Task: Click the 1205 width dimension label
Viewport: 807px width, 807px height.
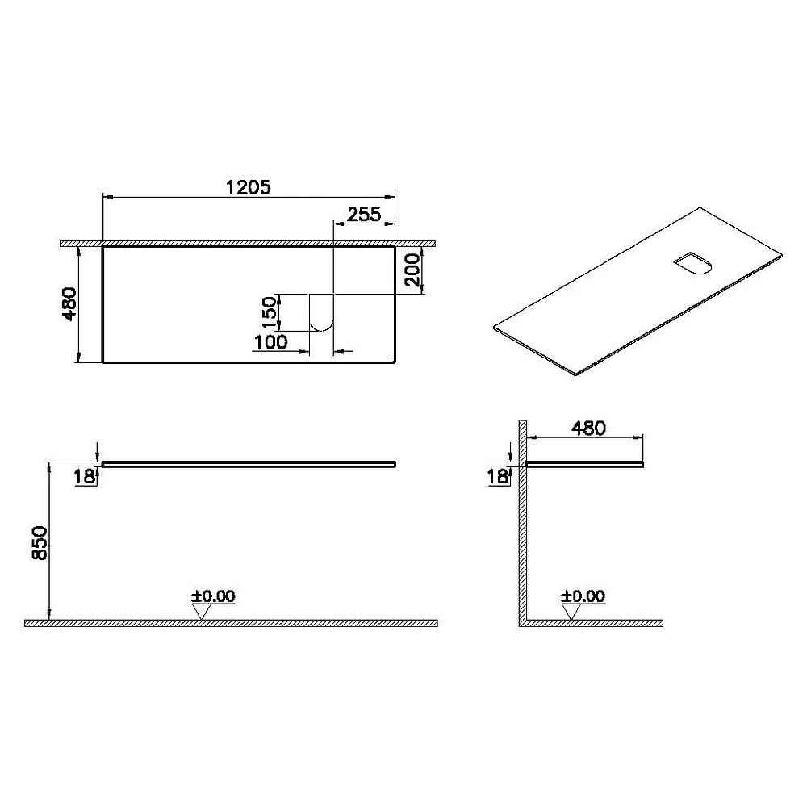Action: pos(248,187)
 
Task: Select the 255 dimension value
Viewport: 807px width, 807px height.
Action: pos(364,214)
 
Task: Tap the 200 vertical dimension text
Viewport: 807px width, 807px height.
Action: pos(412,270)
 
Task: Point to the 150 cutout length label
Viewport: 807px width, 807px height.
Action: pos(270,312)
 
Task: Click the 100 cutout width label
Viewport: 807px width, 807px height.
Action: pos(270,341)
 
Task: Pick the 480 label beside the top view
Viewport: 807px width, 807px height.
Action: pos(69,304)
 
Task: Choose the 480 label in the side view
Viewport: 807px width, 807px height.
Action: pos(589,429)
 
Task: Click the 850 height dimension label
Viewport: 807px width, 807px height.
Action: pos(40,543)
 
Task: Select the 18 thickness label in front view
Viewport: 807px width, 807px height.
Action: pos(84,477)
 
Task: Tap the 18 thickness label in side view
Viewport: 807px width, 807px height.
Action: pos(497,477)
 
